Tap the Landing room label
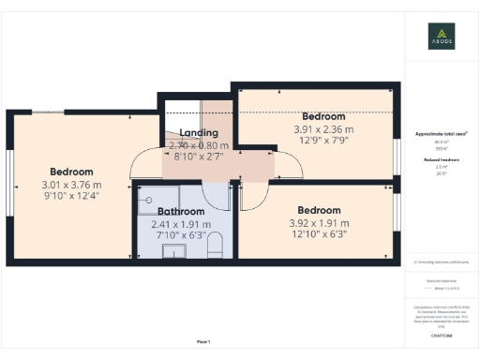199,133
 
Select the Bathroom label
181,212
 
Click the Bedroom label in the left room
71,172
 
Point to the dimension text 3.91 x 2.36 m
323,129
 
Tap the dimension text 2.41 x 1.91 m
181,224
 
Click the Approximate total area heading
442,134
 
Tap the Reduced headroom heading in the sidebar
442,160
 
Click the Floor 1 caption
202,340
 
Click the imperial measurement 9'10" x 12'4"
71,196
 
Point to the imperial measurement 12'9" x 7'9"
323,141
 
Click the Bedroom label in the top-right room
323,116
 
